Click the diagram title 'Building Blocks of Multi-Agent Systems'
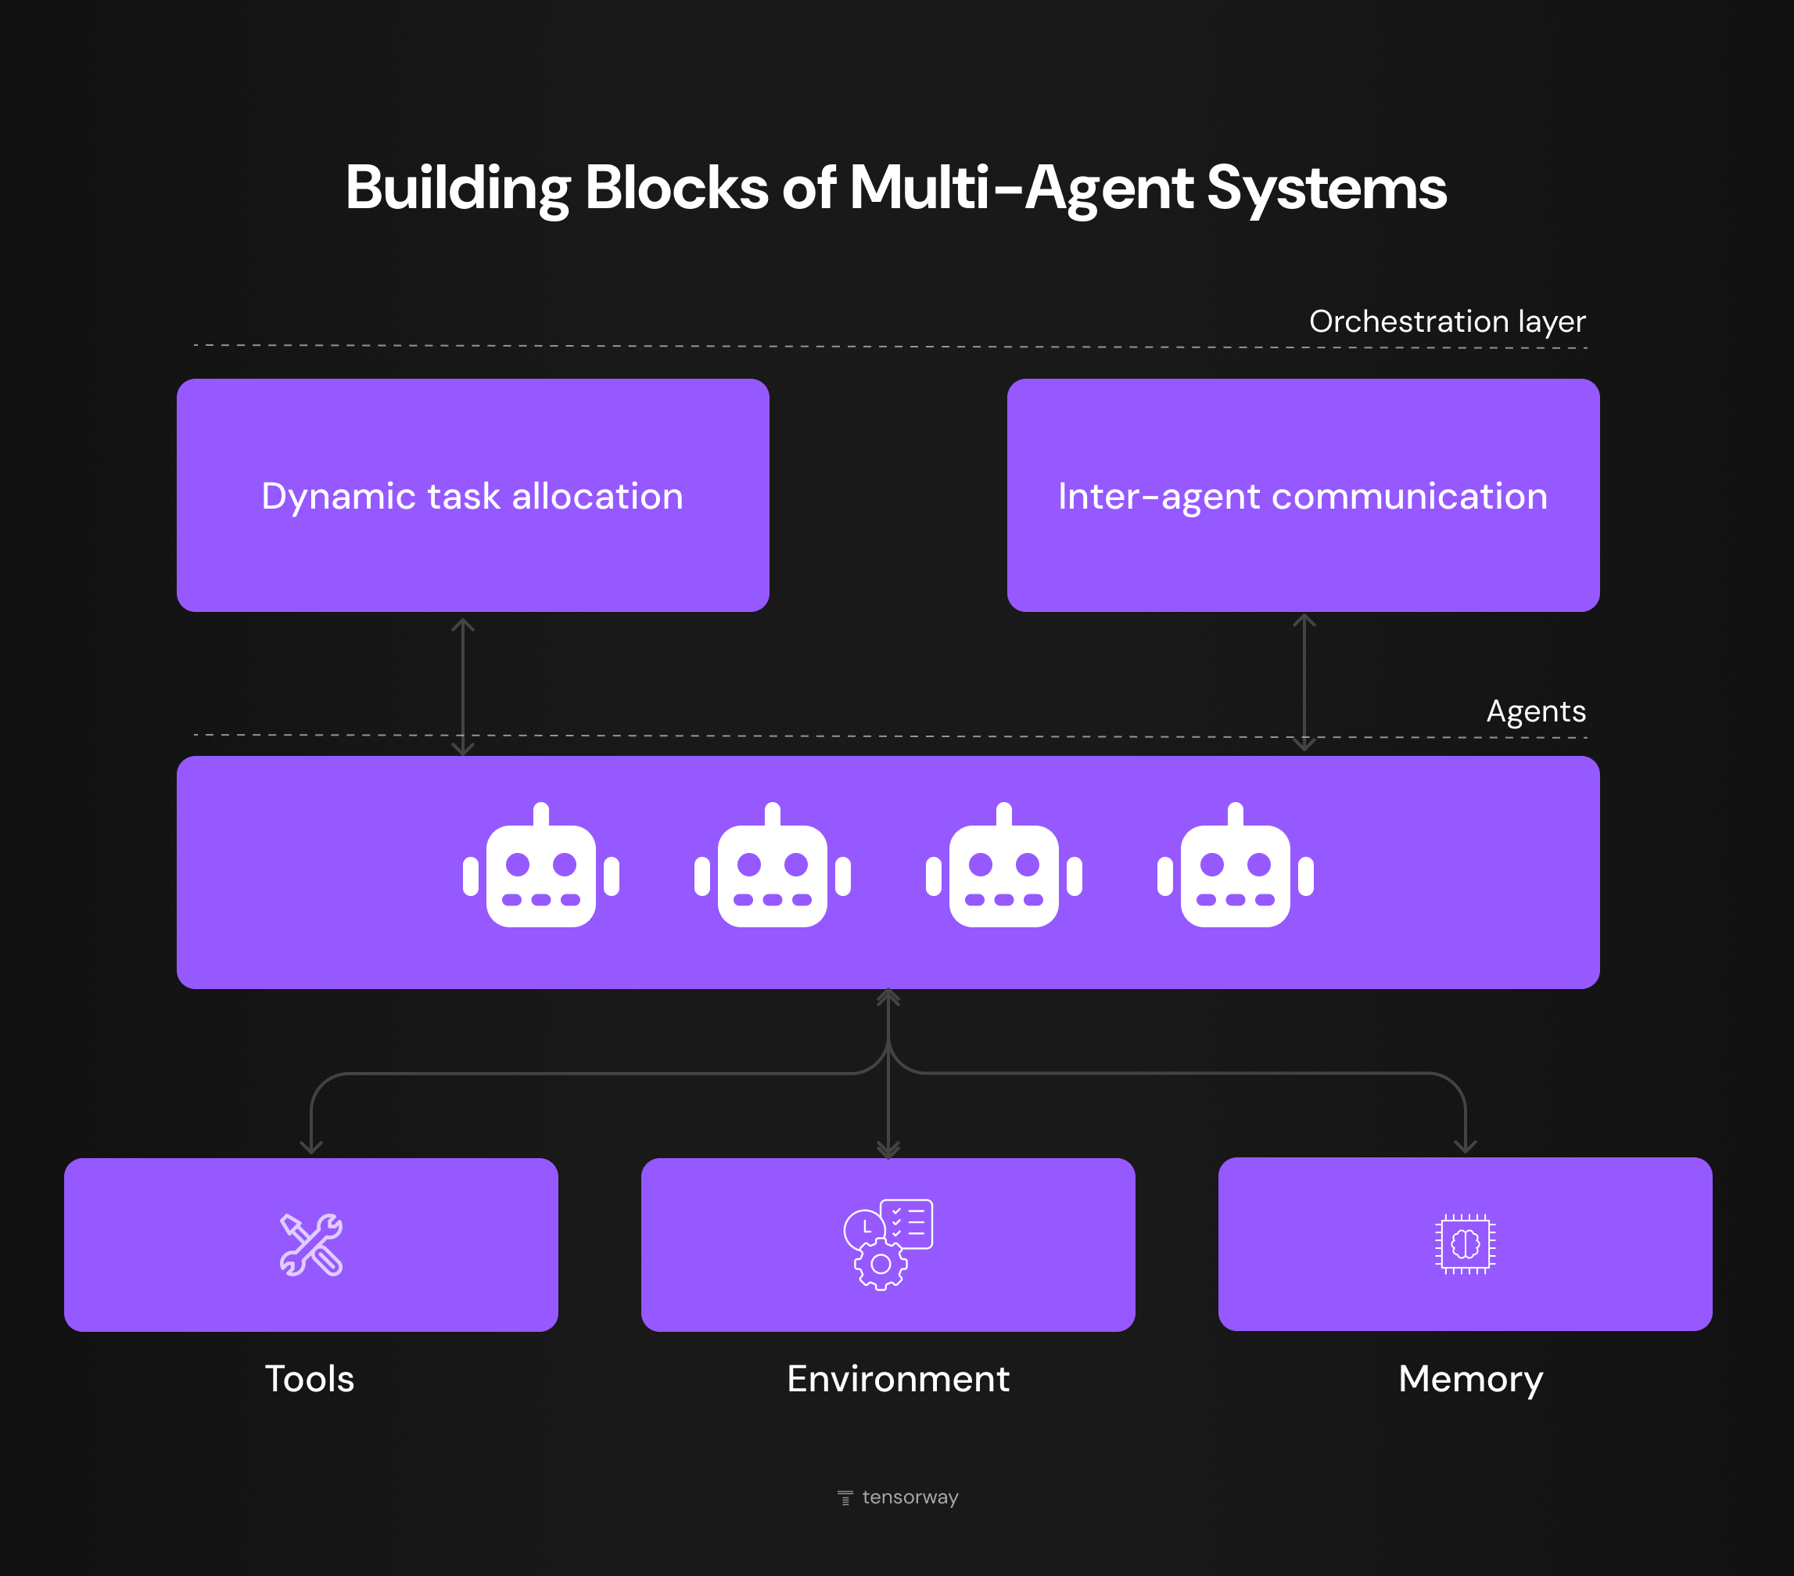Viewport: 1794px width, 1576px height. [x=896, y=188]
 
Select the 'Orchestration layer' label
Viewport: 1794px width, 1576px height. [x=1447, y=322]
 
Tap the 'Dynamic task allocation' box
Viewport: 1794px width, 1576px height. [x=472, y=495]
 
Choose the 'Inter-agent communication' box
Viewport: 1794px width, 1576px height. [x=1303, y=495]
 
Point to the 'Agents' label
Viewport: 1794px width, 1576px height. [x=1535, y=711]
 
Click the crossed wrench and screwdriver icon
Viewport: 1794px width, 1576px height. [x=310, y=1244]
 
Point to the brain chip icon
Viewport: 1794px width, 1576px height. [x=1465, y=1243]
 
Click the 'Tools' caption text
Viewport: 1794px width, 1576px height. [x=310, y=1379]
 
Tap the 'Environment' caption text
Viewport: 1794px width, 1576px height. [x=898, y=1379]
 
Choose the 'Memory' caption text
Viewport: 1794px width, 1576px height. [x=1470, y=1380]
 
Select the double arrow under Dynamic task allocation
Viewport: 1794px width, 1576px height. [x=462, y=685]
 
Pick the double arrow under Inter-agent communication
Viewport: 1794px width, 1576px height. [x=1304, y=682]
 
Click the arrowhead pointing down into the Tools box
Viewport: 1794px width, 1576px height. [x=311, y=1146]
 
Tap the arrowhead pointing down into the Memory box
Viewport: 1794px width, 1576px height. [x=1465, y=1145]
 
